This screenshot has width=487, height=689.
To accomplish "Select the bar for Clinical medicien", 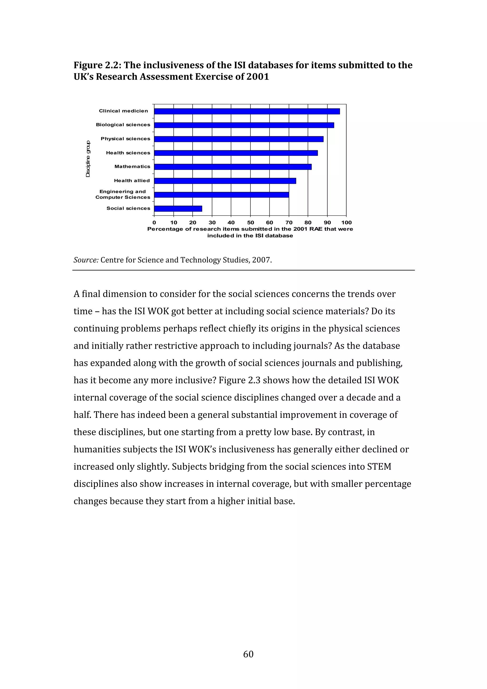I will coord(247,111).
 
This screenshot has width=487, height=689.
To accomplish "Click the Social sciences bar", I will coord(178,209).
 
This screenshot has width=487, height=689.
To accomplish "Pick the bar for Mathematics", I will coord(233,167).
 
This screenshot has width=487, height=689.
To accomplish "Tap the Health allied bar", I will coord(225,181).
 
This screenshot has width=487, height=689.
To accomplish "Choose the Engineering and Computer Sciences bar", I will coord(221,195).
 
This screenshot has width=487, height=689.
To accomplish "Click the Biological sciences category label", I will coord(123,125).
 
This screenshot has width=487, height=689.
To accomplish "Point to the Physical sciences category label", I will coord(125,139).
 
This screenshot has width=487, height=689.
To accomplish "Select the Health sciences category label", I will coord(128,153).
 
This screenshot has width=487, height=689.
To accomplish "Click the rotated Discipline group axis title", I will coord(88,159).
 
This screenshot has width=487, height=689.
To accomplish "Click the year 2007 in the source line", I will coord(261,260).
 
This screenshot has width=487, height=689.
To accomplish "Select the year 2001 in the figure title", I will coord(258,77).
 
